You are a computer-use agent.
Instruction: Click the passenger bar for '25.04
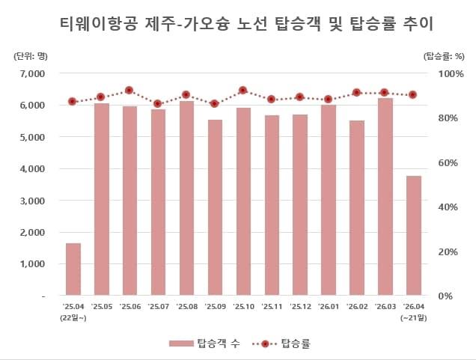(73, 269)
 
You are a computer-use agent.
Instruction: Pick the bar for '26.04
(413, 236)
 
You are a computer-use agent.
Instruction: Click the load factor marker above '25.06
(129, 90)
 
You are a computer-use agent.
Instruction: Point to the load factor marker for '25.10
(242, 90)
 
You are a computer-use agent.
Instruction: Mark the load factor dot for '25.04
(73, 101)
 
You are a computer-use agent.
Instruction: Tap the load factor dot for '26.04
(413, 94)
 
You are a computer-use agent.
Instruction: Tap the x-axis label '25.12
(299, 306)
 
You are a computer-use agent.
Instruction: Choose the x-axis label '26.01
(328, 306)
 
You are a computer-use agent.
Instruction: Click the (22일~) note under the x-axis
(73, 317)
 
